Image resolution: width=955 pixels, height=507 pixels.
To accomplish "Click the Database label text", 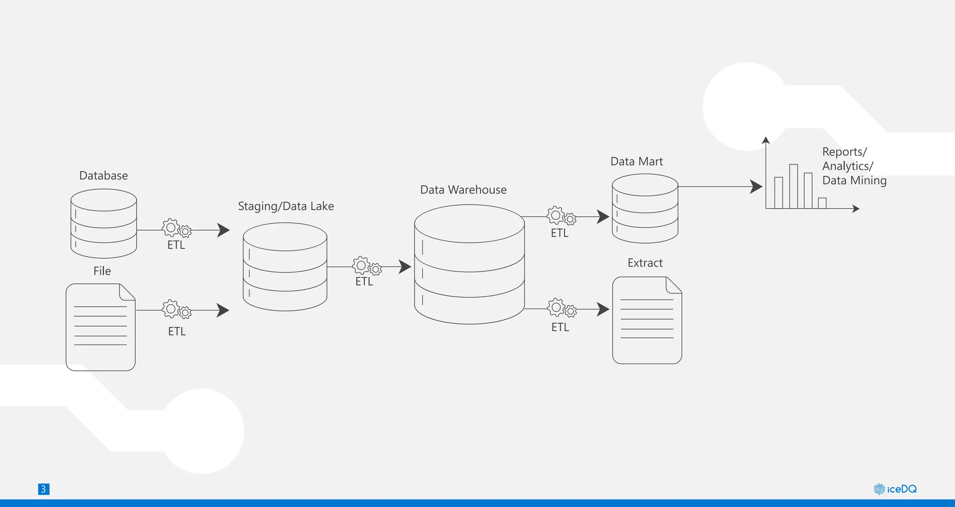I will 104,176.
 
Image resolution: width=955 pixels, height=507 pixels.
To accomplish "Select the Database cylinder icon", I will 104,224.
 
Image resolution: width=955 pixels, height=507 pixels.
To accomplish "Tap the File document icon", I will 101,327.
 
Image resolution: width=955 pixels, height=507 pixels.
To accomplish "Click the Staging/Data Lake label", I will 286,206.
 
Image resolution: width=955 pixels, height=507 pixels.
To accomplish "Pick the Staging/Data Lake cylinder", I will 285,267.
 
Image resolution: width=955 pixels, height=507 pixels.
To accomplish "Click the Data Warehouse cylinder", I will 469,265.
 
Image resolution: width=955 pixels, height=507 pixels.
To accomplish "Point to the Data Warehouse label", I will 463,190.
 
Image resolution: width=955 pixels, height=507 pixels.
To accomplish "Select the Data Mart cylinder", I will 645,208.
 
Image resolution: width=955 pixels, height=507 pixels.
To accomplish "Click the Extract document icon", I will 647,321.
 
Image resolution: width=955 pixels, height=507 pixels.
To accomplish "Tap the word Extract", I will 645,263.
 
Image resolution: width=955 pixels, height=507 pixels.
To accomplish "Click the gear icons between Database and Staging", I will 176,228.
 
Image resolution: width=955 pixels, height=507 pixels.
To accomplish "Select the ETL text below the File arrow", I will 177,331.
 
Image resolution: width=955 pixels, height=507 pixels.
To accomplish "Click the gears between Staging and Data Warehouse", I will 367,266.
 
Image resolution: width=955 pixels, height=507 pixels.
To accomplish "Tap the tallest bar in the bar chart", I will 793,186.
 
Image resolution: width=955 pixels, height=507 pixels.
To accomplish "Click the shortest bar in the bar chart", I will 822,203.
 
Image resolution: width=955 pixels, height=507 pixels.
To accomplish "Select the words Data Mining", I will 854,180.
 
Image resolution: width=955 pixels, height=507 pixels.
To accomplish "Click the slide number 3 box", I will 43,489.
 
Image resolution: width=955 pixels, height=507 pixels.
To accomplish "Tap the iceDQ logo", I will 895,489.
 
